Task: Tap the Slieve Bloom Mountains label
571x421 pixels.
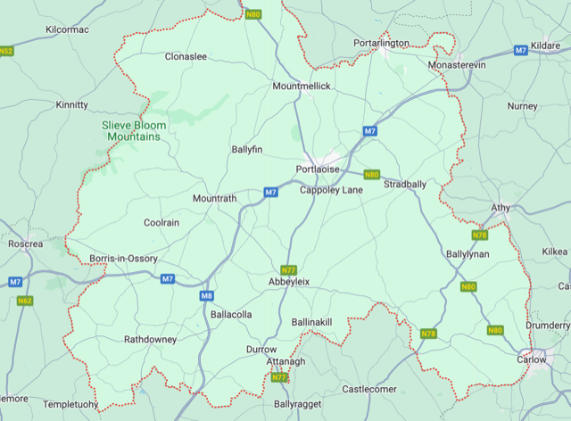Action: tap(135, 131)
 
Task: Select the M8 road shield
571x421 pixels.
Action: tap(206, 296)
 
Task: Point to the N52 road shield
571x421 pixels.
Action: tap(6, 51)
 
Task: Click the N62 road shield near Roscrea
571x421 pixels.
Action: tap(23, 301)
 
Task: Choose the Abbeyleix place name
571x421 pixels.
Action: tap(289, 281)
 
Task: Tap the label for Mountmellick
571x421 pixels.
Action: tap(302, 86)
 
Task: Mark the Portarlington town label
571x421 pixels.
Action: tap(381, 43)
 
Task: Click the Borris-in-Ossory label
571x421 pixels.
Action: tap(123, 259)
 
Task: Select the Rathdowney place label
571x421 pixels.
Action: tap(150, 340)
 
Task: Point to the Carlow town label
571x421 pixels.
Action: tap(531, 359)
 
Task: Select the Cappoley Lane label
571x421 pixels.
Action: tap(331, 190)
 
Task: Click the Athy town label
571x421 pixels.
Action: tap(501, 208)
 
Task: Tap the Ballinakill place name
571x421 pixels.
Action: tap(311, 321)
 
